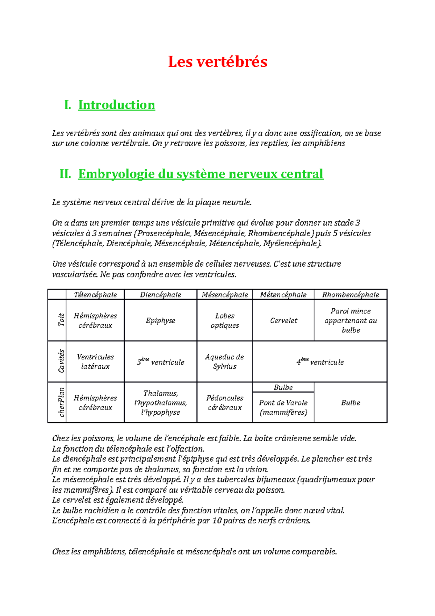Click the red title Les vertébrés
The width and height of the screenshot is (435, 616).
[217, 62]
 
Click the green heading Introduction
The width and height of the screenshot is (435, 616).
[116, 105]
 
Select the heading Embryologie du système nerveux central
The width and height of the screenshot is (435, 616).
[200, 174]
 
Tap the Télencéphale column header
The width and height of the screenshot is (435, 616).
[95, 295]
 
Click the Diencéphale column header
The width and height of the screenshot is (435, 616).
[161, 295]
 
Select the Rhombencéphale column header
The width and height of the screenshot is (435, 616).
[351, 295]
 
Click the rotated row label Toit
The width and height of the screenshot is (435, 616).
[61, 320]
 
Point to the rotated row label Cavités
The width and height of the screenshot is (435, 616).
[61, 361]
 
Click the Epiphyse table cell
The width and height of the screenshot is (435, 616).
[161, 321]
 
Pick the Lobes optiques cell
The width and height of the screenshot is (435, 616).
[225, 321]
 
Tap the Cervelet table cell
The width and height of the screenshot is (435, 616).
[283, 321]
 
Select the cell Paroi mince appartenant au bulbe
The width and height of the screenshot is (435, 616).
[351, 321]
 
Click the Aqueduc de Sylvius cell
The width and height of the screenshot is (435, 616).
[225, 362]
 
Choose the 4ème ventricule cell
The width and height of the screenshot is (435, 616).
[320, 362]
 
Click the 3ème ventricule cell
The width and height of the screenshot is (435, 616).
[161, 362]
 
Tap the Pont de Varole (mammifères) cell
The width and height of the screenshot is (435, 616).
[283, 408]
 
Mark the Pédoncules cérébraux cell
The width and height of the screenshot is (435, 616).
[225, 403]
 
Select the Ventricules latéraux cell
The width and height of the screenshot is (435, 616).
[95, 362]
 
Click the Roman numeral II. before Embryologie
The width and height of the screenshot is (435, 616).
[65, 174]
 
